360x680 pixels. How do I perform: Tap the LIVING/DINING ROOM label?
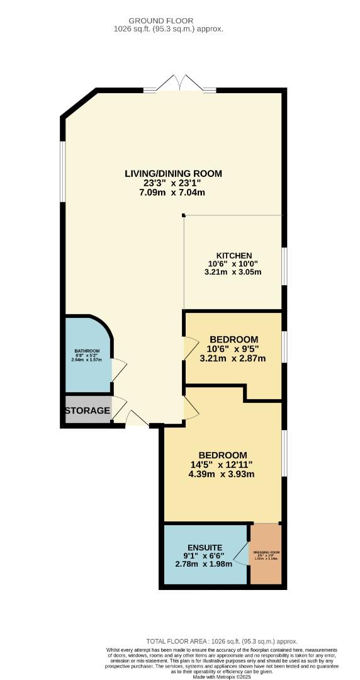(x=173, y=173)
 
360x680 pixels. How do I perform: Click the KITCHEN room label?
(x=234, y=255)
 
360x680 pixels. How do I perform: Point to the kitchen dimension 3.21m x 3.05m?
(x=233, y=272)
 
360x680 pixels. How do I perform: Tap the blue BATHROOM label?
(x=87, y=351)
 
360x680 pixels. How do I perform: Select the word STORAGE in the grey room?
(x=87, y=411)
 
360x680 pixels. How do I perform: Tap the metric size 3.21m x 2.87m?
(x=233, y=359)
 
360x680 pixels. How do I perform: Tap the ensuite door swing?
(x=241, y=554)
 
